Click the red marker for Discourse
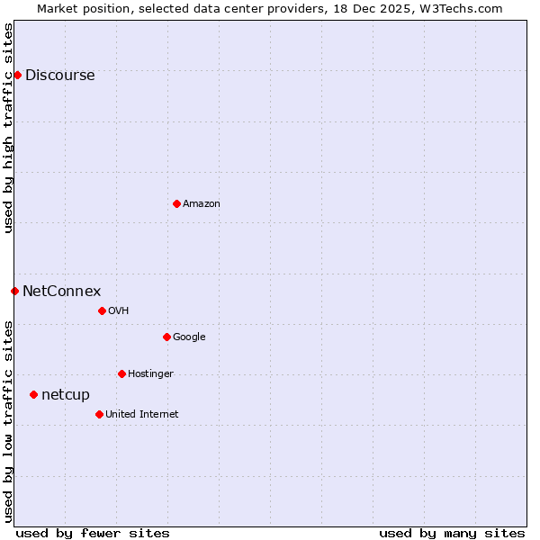click(x=17, y=75)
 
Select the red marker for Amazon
click(x=176, y=203)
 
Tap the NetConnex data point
click(x=14, y=291)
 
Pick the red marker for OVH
click(x=102, y=310)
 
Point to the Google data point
click(x=166, y=337)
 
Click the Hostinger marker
click(x=121, y=373)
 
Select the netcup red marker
click(x=33, y=394)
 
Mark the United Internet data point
click(x=99, y=414)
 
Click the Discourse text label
click(x=59, y=76)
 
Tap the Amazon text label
click(x=202, y=204)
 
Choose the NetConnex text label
click(x=61, y=292)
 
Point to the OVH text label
click(x=119, y=311)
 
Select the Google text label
click(x=189, y=337)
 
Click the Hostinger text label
click(x=150, y=374)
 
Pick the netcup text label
click(x=66, y=395)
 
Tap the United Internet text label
click(x=141, y=415)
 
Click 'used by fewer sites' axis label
click(x=93, y=533)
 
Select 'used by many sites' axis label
click(x=452, y=533)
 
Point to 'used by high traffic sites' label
click(x=8, y=129)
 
